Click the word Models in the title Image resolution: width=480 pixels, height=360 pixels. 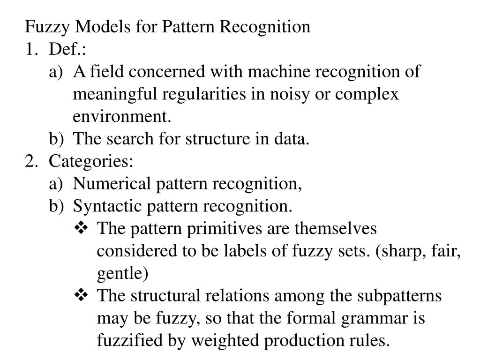coord(103,26)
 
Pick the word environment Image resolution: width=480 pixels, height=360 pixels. coord(122,116)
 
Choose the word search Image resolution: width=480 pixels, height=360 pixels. coord(130,139)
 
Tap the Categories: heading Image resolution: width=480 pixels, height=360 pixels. coord(91,161)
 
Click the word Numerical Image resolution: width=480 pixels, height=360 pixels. coord(112,183)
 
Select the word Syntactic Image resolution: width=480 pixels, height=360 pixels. coord(107,206)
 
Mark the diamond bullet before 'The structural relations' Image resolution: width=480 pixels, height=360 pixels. coord(81,295)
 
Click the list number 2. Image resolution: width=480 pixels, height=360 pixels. coord(31,161)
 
